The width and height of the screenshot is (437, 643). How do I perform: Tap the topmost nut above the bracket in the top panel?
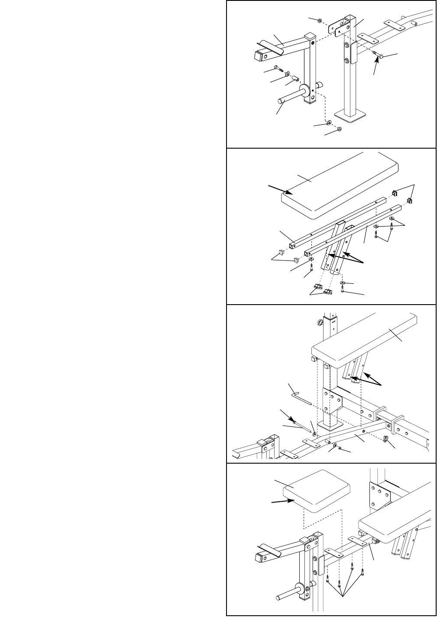(319, 20)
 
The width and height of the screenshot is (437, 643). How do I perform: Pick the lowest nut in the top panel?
(339, 129)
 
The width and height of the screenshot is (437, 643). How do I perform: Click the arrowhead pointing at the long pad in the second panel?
(286, 192)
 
